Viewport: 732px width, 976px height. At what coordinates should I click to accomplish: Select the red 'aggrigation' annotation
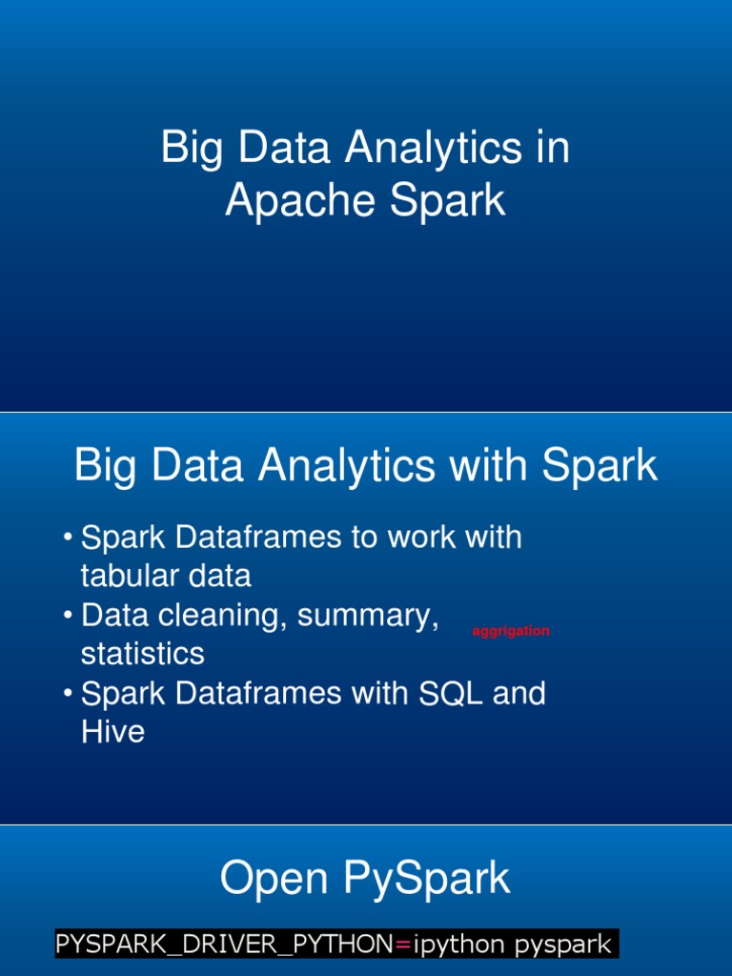point(511,631)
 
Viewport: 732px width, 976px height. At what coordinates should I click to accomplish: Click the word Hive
point(112,732)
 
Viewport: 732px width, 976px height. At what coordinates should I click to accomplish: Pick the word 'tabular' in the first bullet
point(117,576)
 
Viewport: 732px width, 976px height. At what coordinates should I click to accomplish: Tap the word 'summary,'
point(368,616)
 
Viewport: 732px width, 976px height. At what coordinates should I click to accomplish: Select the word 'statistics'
point(142,654)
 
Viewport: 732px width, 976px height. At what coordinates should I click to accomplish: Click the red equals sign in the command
point(402,945)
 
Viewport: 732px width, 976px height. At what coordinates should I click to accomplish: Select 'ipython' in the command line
point(461,945)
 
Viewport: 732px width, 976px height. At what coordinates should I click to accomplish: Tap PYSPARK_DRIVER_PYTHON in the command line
point(224,945)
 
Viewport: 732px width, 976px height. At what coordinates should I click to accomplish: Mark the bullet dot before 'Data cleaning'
point(69,616)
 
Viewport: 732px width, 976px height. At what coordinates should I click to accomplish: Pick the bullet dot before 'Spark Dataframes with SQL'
point(69,694)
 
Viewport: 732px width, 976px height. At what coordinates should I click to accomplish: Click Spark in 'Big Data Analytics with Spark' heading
point(600,467)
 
